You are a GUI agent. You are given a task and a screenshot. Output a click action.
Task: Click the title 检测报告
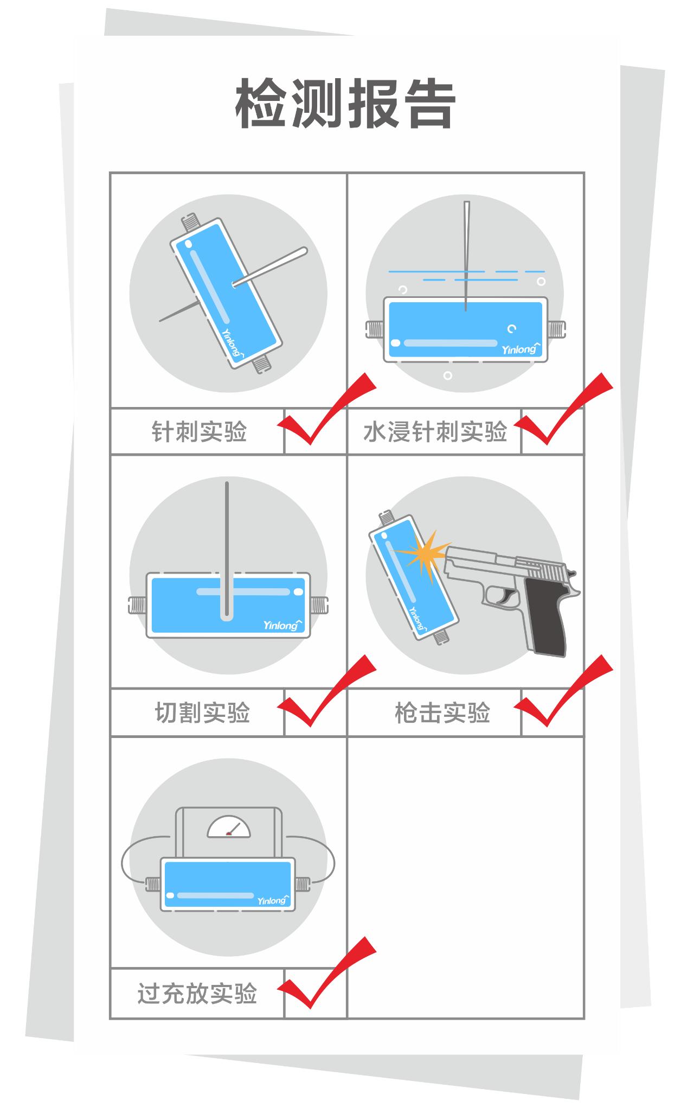[345, 104]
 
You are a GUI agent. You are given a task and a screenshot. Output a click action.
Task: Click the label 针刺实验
[200, 432]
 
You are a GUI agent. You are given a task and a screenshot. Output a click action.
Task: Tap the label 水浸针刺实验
[435, 432]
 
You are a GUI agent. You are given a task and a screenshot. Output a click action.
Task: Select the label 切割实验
[202, 712]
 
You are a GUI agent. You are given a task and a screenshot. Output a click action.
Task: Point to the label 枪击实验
[442, 712]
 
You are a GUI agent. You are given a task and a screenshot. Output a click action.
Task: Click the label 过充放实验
[197, 994]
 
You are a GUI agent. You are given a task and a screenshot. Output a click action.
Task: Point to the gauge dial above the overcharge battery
[229, 829]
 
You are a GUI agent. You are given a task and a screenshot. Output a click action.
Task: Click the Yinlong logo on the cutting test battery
[281, 625]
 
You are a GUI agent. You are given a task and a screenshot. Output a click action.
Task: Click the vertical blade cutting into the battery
[227, 548]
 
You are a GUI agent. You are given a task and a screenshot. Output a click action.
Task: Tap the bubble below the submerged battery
[447, 376]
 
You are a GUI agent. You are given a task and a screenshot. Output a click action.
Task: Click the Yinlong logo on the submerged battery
[520, 348]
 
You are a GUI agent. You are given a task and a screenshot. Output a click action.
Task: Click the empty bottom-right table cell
[465, 877]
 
